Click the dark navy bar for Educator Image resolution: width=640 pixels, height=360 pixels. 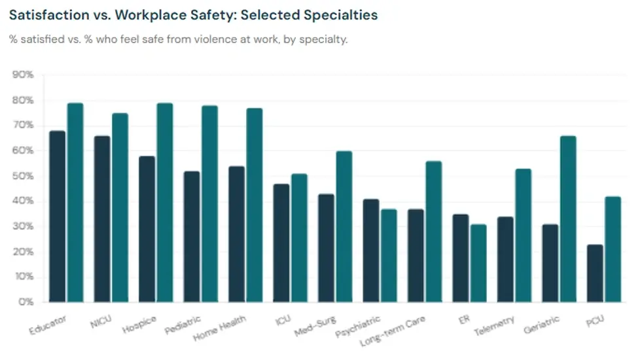(x=58, y=217)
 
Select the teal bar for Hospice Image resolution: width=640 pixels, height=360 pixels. (x=165, y=203)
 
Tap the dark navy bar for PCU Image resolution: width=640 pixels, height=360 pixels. (x=594, y=274)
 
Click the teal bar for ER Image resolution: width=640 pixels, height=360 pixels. (x=478, y=263)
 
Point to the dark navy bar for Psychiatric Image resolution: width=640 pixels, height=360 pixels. (x=370, y=251)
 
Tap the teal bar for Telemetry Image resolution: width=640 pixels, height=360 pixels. (x=522, y=236)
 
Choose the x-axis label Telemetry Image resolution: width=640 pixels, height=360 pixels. (x=495, y=327)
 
